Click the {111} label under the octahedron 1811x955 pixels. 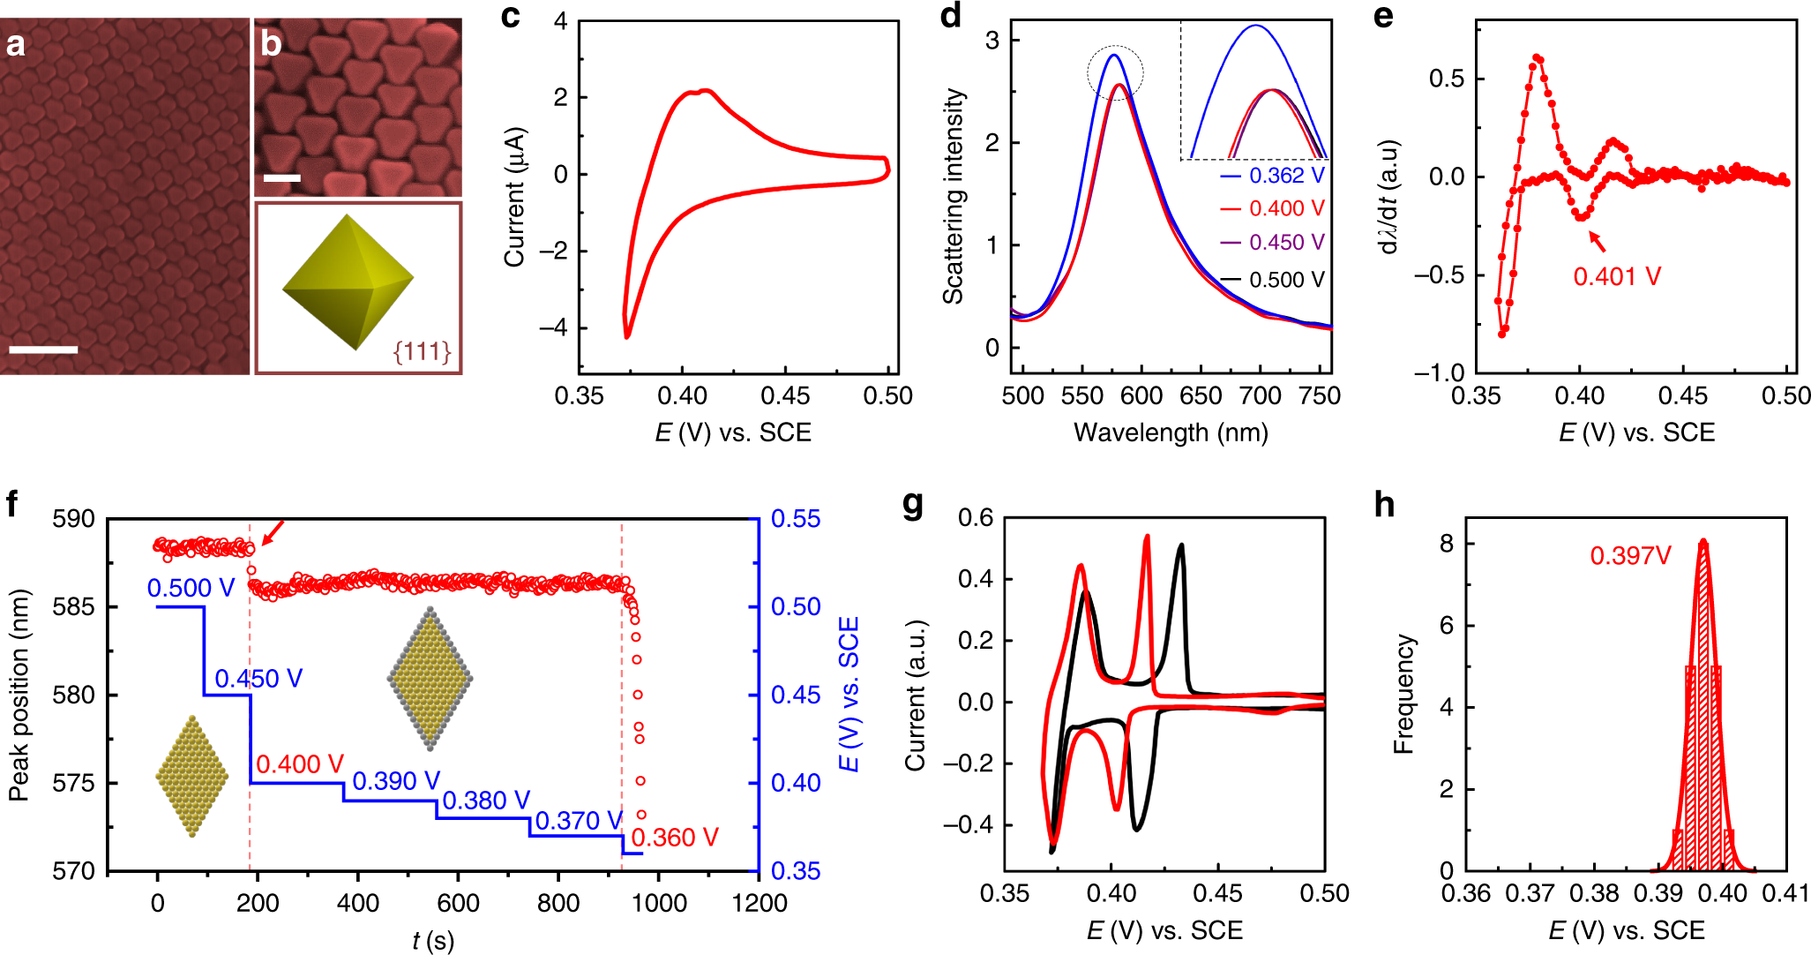pyautogui.click(x=422, y=352)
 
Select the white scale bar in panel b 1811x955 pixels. pyautogui.click(x=282, y=178)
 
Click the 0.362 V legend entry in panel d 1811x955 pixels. pyautogui.click(x=1273, y=176)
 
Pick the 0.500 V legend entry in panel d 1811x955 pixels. pyautogui.click(x=1273, y=280)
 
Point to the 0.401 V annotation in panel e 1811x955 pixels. pyautogui.click(x=1617, y=276)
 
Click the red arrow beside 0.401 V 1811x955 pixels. pyautogui.click(x=1597, y=241)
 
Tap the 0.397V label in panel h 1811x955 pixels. pyautogui.click(x=1630, y=556)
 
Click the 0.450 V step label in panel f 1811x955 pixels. pyautogui.click(x=258, y=679)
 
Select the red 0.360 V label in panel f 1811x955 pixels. pyautogui.click(x=675, y=838)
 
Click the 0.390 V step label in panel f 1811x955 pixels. pyautogui.click(x=396, y=781)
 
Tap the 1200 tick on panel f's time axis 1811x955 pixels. pyautogui.click(x=760, y=904)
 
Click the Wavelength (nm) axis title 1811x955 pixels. pyautogui.click(x=1171, y=432)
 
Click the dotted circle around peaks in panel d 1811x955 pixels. pyautogui.click(x=1115, y=72)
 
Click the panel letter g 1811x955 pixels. pyautogui.click(x=913, y=505)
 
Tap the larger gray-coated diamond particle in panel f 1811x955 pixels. pyautogui.click(x=430, y=678)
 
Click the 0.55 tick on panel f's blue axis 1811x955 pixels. pyautogui.click(x=796, y=519)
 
